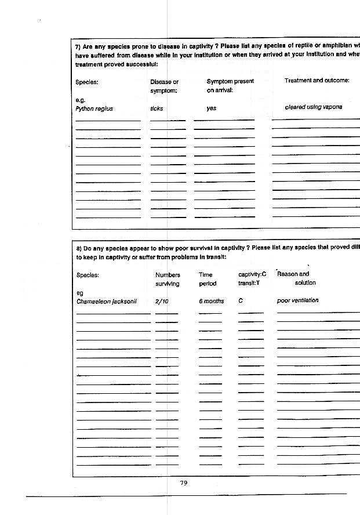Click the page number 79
[184, 483]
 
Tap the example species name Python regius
[94, 108]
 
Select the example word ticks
[157, 108]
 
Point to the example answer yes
[211, 108]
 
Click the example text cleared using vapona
[313, 107]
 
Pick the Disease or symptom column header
[164, 86]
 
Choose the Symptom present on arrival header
[230, 86]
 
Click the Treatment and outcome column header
[317, 81]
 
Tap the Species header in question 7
[87, 82]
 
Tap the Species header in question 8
[88, 275]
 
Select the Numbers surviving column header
[168, 279]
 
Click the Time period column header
[206, 279]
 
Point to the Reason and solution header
[296, 278]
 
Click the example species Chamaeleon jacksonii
[106, 301]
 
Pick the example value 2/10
[162, 301]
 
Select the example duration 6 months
[211, 301]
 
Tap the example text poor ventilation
[297, 300]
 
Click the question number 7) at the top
[78, 46]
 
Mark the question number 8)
[79, 248]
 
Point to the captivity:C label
[252, 274]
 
